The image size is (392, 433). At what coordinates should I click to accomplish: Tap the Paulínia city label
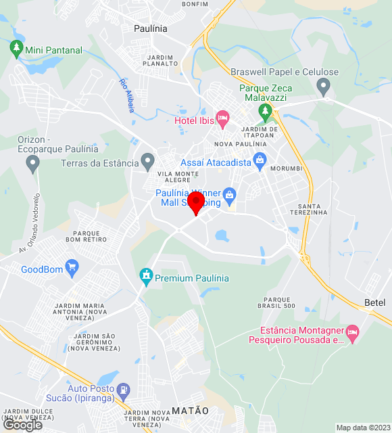(151, 28)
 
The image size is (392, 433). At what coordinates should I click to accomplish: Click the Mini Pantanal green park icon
(16, 49)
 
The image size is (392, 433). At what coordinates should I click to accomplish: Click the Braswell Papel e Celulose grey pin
(323, 87)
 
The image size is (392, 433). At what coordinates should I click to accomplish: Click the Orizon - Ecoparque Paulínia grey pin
(32, 163)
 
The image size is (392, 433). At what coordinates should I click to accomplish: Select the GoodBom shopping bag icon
(72, 269)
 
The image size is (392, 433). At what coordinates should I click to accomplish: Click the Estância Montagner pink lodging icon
(352, 332)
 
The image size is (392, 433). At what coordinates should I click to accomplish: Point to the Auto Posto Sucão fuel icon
(123, 389)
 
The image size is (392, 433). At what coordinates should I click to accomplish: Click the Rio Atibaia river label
(127, 94)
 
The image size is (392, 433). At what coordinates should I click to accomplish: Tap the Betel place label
(374, 302)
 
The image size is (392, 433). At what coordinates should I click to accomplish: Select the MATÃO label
(190, 411)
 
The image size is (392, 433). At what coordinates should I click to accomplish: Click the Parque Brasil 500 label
(280, 302)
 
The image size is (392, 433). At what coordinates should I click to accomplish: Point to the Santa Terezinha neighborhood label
(308, 208)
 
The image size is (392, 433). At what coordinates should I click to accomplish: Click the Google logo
(22, 424)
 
